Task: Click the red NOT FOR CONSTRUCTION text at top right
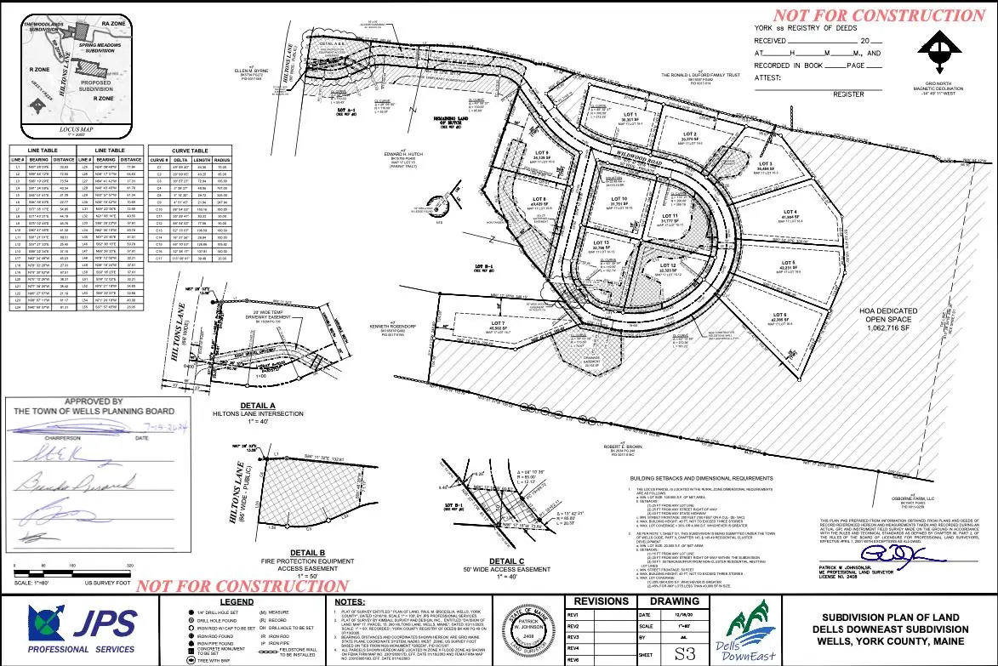pos(878,15)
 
